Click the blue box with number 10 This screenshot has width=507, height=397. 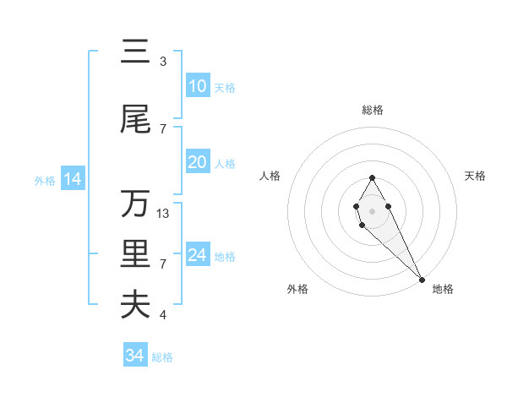click(x=198, y=86)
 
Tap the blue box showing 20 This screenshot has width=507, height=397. click(x=198, y=162)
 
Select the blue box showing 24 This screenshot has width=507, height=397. click(x=198, y=255)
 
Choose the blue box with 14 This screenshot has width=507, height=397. click(x=72, y=179)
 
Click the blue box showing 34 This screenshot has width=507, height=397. click(x=135, y=356)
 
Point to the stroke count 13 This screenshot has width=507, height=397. click(x=163, y=214)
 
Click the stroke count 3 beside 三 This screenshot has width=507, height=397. click(x=163, y=62)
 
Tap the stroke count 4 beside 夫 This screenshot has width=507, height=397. click(x=163, y=315)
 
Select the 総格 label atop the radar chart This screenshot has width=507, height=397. click(x=373, y=110)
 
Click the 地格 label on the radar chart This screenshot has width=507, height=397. click(x=443, y=290)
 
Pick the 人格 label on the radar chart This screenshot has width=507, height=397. click(x=270, y=176)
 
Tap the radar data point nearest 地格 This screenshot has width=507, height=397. click(x=422, y=280)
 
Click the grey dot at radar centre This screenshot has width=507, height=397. click(x=372, y=209)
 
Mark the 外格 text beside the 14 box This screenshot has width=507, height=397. click(x=44, y=180)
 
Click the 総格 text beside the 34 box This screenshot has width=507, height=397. click(x=162, y=357)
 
